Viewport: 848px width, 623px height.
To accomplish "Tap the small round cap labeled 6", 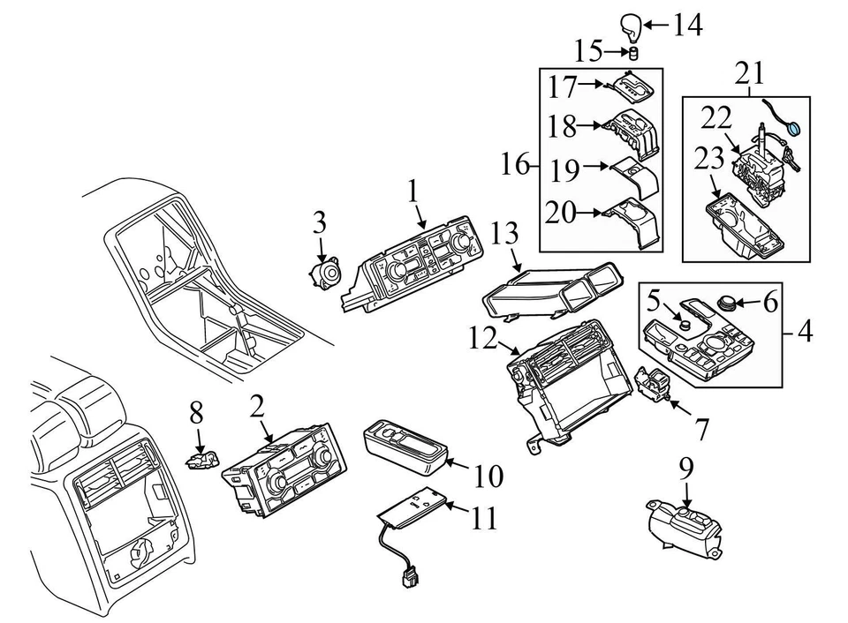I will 730,303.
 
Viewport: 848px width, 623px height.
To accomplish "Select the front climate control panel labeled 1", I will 415,261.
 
